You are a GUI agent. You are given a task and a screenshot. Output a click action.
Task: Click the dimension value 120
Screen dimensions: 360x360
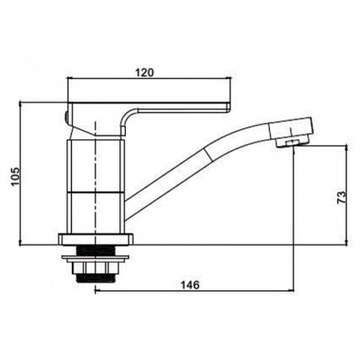145,73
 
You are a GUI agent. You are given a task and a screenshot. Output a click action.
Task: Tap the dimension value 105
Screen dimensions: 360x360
16,176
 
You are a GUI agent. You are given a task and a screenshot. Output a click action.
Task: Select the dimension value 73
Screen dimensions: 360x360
342,197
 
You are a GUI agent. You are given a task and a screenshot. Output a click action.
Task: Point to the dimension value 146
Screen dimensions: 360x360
190,285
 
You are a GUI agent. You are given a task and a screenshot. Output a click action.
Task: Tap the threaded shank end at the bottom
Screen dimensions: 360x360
95,279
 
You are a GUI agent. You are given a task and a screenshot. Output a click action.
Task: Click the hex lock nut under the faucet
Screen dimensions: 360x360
95,268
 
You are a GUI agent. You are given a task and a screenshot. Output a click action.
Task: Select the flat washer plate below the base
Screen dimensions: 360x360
96,258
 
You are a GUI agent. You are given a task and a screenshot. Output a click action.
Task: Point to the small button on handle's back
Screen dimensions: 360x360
66,117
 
